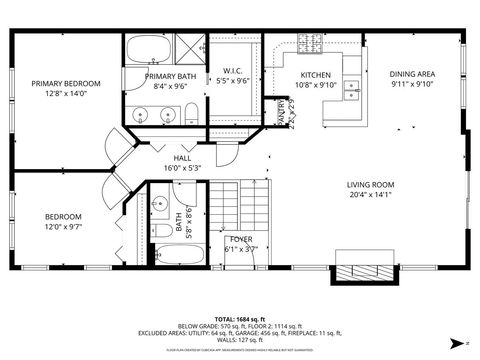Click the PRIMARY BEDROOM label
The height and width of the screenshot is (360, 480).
(66, 84)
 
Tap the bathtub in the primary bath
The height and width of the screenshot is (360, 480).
(150, 50)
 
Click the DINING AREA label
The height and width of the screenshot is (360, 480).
(412, 74)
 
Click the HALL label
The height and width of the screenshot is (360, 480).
(182, 158)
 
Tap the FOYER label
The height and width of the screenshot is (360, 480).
(240, 240)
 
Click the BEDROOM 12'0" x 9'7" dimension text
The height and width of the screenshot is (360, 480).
(63, 228)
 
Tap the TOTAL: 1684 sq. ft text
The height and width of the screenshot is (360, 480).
(239, 317)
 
